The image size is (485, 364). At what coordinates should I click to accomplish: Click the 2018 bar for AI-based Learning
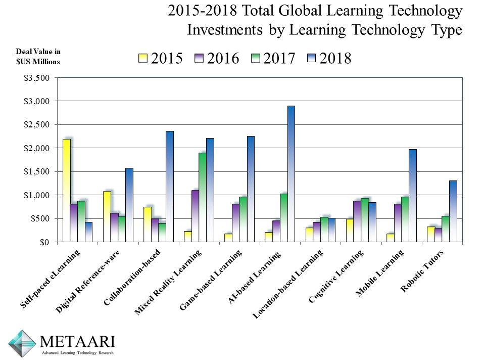click(x=291, y=174)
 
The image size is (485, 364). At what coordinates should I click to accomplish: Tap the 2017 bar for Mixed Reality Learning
click(x=202, y=197)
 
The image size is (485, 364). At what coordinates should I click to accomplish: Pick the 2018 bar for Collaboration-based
click(x=169, y=187)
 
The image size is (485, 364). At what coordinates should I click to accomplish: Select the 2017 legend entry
click(x=273, y=59)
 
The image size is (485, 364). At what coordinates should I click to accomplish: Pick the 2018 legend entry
click(x=328, y=59)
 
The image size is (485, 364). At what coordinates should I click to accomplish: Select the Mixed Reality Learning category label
click(x=169, y=283)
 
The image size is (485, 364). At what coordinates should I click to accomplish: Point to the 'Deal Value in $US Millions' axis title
click(x=38, y=57)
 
